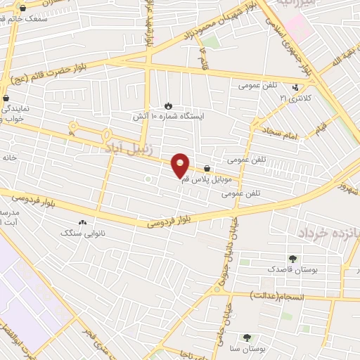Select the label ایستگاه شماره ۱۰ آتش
[x=167, y=117]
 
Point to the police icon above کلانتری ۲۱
[x=295, y=88]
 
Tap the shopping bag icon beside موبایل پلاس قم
[x=207, y=169]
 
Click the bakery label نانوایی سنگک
[x=82, y=232]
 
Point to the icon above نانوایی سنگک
[x=82, y=222]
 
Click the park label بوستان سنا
[x=246, y=348]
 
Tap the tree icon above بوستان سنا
[x=246, y=337]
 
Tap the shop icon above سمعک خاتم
[x=24, y=8]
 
